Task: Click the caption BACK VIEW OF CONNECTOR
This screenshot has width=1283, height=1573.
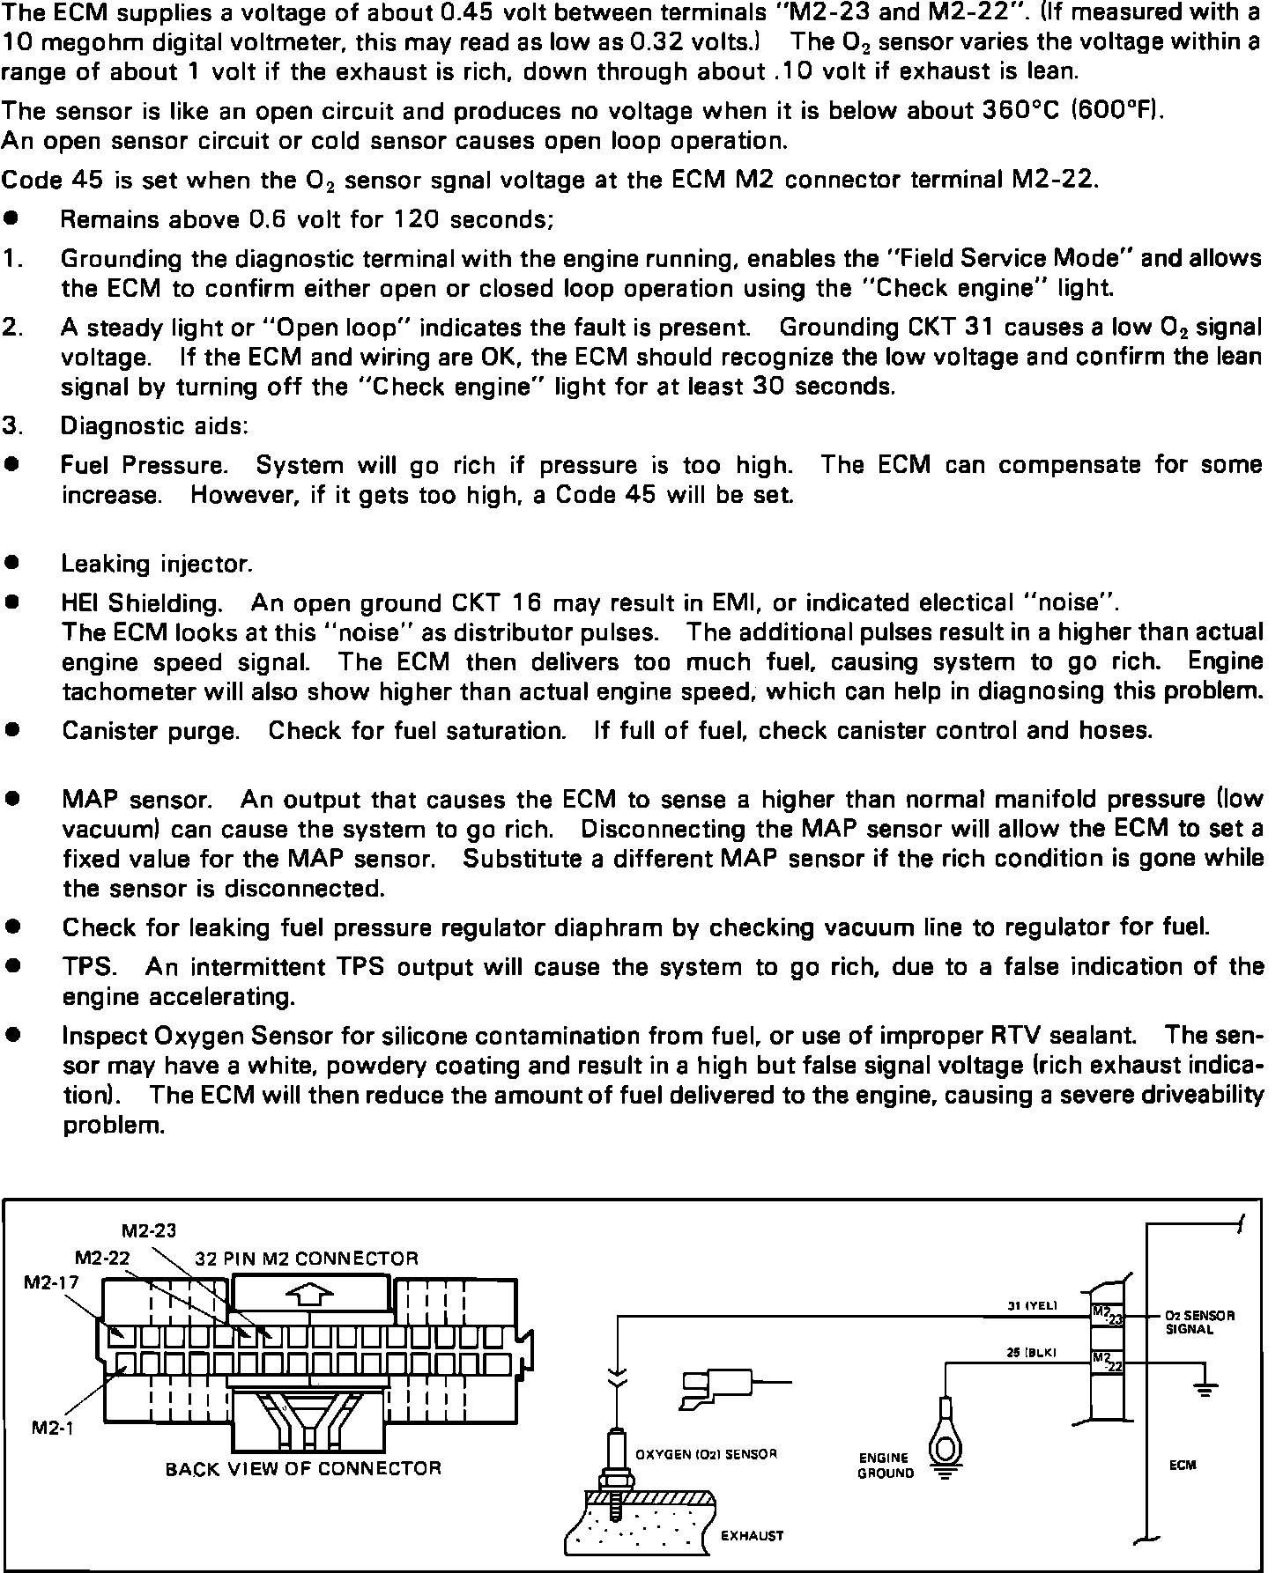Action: click(303, 1469)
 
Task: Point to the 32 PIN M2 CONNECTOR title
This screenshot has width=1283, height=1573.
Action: click(307, 1259)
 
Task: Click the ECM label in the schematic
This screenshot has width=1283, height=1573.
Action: click(1183, 1465)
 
